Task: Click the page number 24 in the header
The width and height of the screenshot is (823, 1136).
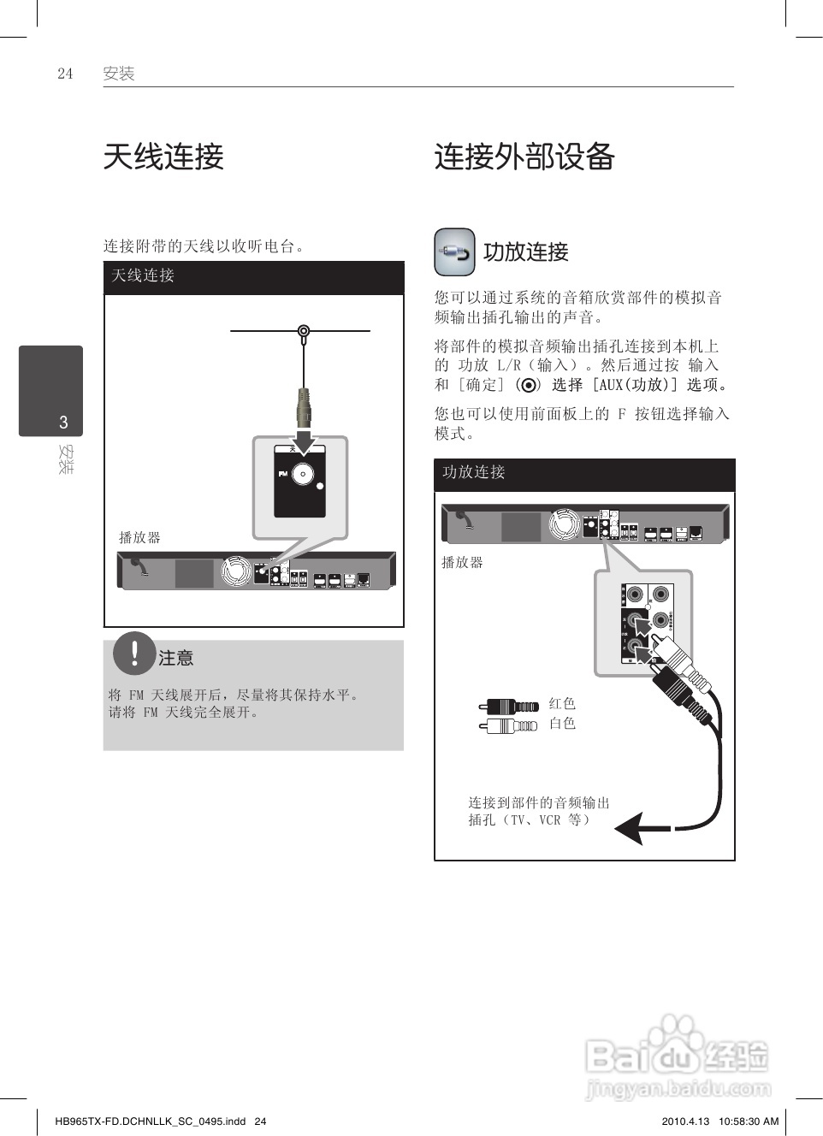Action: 65,74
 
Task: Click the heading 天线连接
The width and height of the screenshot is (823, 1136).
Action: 163,157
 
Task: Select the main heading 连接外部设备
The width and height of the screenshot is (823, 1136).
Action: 524,157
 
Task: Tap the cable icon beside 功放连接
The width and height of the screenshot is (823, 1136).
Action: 454,252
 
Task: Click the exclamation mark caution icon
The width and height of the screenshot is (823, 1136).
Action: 134,654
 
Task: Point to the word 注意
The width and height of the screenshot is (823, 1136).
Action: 176,658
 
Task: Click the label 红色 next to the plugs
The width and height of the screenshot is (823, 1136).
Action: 562,703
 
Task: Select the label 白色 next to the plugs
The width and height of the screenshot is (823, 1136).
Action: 562,724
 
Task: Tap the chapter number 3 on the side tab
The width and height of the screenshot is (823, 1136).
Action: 62,422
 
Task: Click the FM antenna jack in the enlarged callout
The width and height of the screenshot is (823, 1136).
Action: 302,474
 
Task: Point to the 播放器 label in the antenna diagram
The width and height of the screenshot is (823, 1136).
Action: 139,537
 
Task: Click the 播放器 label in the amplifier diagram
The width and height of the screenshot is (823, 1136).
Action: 462,562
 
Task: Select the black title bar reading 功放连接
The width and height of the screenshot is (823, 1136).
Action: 584,473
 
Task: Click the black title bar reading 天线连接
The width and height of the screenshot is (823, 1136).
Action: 253,276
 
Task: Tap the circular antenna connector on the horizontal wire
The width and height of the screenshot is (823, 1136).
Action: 303,330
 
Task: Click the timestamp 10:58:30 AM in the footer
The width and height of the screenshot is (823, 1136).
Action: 749,1121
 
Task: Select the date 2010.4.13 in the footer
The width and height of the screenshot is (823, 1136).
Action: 685,1121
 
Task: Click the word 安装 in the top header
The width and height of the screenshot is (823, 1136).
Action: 119,74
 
